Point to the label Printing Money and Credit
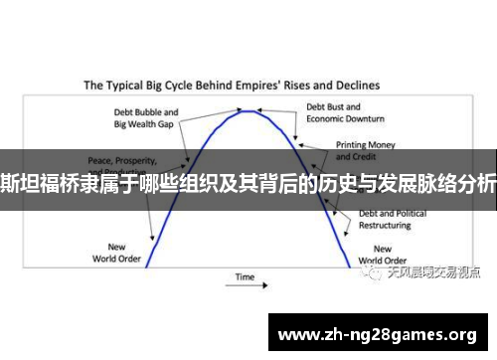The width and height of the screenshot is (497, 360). pos(359,150)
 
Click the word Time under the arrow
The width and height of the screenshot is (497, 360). pos(245,276)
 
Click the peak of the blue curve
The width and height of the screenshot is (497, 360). pos(249,110)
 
